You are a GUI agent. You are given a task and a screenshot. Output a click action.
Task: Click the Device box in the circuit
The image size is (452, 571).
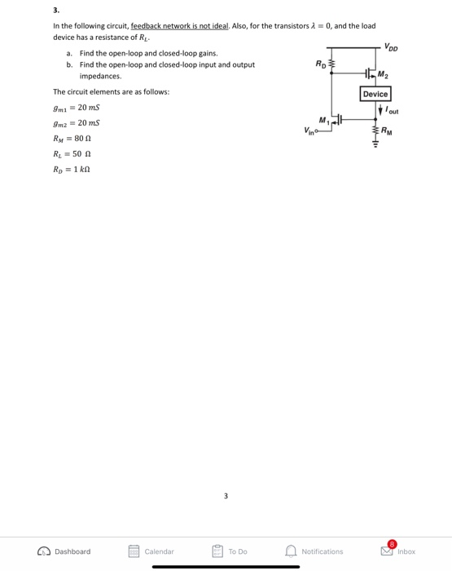click(x=375, y=95)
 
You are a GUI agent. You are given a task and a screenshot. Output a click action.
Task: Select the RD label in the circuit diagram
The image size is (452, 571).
click(x=319, y=63)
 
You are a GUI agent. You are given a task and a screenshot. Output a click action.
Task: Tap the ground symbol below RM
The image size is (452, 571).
click(x=375, y=148)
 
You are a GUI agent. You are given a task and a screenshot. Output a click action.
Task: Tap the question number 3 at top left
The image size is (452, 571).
click(x=55, y=11)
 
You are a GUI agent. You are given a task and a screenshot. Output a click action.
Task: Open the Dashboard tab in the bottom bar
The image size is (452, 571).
click(x=64, y=551)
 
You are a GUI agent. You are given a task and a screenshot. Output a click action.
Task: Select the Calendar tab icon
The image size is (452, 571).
click(x=134, y=551)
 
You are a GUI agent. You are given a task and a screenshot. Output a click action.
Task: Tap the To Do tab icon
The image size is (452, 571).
click(x=217, y=551)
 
